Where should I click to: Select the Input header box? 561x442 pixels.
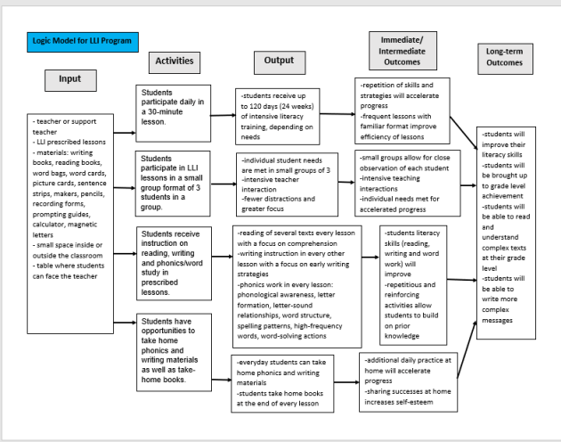pyautogui.click(x=69, y=78)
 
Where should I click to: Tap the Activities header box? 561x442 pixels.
pyautogui.click(x=174, y=61)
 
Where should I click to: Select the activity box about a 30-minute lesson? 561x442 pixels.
pyautogui.click(x=175, y=108)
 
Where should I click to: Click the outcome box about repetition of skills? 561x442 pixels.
pyautogui.click(x=406, y=108)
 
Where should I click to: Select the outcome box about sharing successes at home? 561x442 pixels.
pyautogui.click(x=409, y=382)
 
